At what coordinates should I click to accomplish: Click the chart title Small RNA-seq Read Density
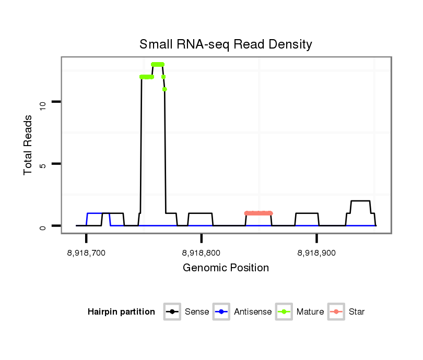pyautogui.click(x=226, y=44)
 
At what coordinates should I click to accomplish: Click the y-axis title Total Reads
pyautogui.click(x=29, y=145)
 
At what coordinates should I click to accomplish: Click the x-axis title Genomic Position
pyautogui.click(x=226, y=268)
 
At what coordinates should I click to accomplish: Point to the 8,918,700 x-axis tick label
pyautogui.click(x=86, y=253)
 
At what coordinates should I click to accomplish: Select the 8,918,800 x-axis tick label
pyautogui.click(x=201, y=253)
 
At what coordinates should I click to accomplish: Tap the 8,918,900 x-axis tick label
pyautogui.click(x=316, y=253)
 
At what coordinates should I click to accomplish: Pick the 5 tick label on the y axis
pyautogui.click(x=43, y=165)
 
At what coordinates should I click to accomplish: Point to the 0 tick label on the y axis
pyautogui.click(x=43, y=226)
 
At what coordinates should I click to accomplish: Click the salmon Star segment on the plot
pyautogui.click(x=258, y=213)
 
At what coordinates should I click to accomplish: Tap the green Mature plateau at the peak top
pyautogui.click(x=158, y=64)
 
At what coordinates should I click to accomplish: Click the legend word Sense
pyautogui.click(x=197, y=312)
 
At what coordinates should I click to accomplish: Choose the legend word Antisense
pyautogui.click(x=253, y=312)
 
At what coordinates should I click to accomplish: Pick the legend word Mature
pyautogui.click(x=310, y=312)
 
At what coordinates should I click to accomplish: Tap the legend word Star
pyautogui.click(x=357, y=312)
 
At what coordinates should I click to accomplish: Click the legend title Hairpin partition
pyautogui.click(x=121, y=312)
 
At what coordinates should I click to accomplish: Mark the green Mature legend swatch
pyautogui.click(x=284, y=312)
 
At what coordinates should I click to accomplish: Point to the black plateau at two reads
pyautogui.click(x=360, y=201)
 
